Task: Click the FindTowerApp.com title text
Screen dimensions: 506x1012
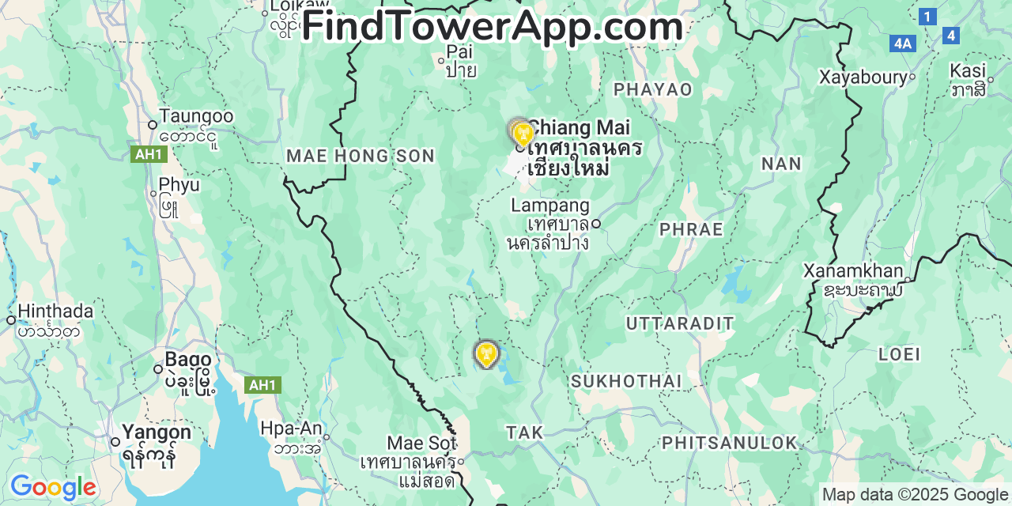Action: coord(492,26)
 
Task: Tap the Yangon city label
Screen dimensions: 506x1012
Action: coord(156,432)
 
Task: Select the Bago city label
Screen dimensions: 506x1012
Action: coord(188,360)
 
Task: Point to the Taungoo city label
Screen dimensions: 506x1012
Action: coord(196,116)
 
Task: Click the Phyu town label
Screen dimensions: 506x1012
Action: coord(179,185)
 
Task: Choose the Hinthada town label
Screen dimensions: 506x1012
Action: coord(55,312)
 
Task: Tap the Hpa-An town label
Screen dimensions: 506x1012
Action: coord(291,429)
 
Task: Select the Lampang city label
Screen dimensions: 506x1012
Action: coord(550,206)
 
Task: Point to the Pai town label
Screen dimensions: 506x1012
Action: coord(459,52)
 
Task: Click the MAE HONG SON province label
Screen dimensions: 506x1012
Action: coord(361,156)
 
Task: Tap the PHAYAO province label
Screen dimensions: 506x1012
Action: coord(653,89)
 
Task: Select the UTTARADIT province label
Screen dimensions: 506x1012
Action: coord(680,323)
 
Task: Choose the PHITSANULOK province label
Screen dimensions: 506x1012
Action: coord(730,443)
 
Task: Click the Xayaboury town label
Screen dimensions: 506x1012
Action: coord(863,77)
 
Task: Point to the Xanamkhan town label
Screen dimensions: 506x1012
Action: coord(853,271)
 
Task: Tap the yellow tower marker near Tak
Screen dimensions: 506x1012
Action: coord(485,353)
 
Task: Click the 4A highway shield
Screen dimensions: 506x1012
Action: coord(902,43)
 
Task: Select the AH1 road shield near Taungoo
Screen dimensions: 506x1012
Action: coord(149,154)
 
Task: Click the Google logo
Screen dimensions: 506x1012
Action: coord(53,487)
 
